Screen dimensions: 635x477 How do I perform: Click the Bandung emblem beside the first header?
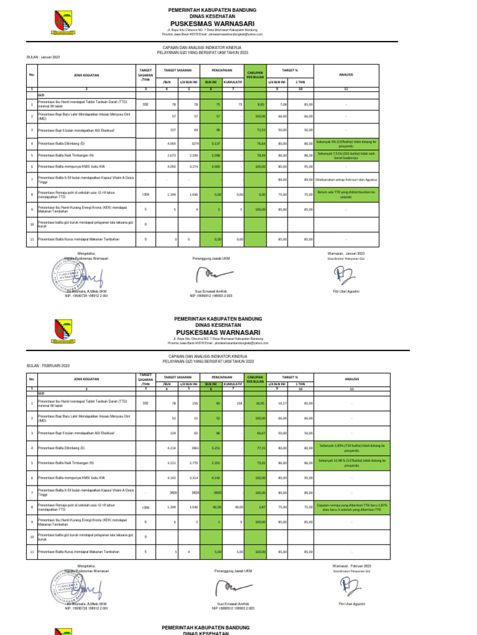(x=63, y=22)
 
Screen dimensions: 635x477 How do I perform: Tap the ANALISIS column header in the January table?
(x=346, y=75)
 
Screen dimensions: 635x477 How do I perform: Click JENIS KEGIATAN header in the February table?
(x=86, y=379)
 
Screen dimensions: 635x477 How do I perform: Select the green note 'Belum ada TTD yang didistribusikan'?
(x=352, y=194)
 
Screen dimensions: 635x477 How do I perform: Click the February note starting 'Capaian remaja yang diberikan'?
(x=352, y=506)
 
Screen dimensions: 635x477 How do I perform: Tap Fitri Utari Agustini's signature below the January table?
(x=342, y=273)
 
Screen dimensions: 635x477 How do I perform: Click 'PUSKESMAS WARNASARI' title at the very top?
(x=212, y=24)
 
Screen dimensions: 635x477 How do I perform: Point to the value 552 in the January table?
(x=145, y=105)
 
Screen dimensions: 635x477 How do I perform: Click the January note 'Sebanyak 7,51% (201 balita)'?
(x=352, y=156)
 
